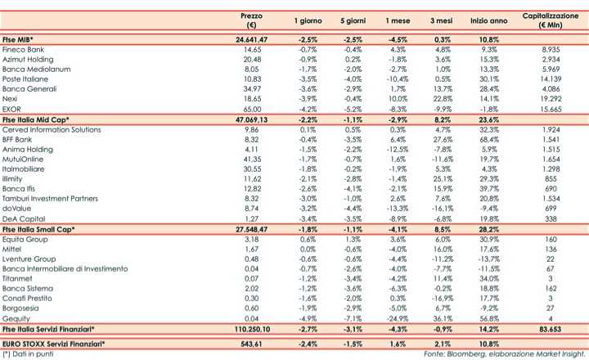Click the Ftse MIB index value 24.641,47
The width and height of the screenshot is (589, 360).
pos(252,39)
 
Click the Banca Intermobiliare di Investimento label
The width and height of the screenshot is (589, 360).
pos(65,268)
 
